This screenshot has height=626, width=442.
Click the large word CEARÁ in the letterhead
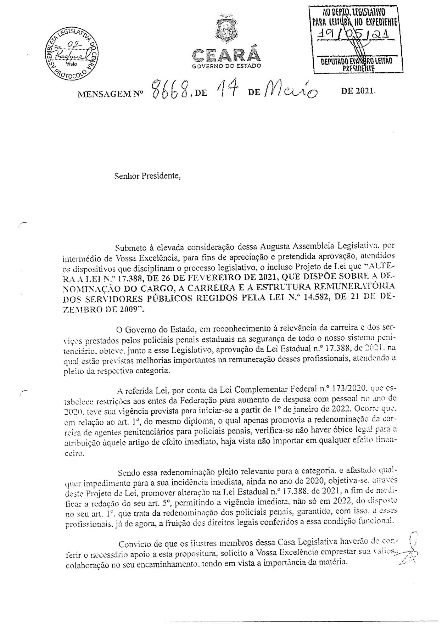point(226,55)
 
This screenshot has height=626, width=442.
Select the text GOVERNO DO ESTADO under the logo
point(226,66)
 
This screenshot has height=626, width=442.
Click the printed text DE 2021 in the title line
point(357,91)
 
